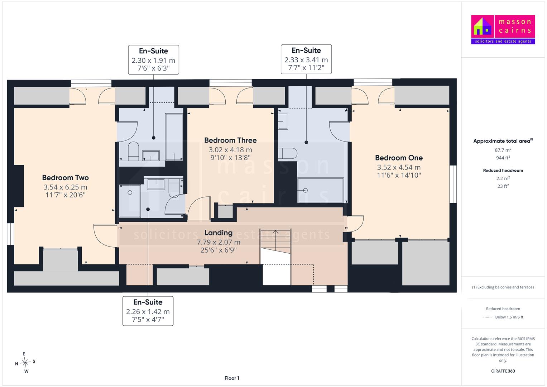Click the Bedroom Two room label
tap(66, 178)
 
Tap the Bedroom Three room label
tap(230, 140)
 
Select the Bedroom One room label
tap(399, 158)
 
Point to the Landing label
tap(219, 233)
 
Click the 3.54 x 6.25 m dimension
tap(66, 187)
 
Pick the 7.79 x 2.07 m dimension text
tap(219, 242)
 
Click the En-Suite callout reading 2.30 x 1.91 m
tap(154, 59)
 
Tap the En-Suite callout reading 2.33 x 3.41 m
tap(306, 59)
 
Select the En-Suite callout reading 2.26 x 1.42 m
tap(148, 311)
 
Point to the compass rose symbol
tap(25, 362)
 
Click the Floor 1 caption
tap(232, 378)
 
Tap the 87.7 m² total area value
tap(503, 150)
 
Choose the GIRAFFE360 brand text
tap(503, 371)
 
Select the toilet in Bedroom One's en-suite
tap(287, 153)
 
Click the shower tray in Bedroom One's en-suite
tap(321, 190)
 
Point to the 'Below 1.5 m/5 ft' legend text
tap(509, 317)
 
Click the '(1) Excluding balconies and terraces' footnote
tap(503, 287)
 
